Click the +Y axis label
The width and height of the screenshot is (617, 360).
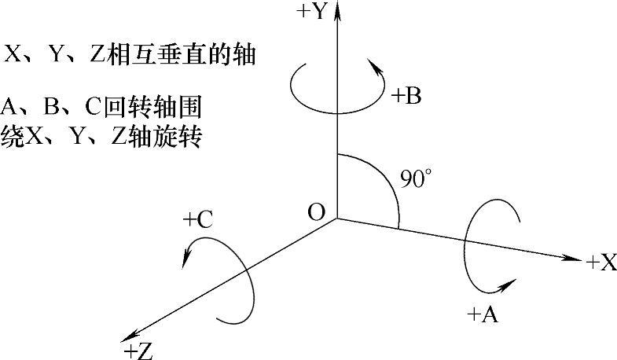[313, 11]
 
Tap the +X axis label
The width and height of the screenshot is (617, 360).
[601, 263]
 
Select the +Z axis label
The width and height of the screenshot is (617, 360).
[138, 351]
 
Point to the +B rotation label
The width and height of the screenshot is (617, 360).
[406, 96]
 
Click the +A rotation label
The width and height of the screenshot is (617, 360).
[483, 314]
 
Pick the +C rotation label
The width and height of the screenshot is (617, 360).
[198, 220]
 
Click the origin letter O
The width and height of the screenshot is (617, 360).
[317, 212]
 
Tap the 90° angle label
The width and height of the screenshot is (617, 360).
[415, 178]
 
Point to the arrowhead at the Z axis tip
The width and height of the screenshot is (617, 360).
[129, 337]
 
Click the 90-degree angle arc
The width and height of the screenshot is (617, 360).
[386, 177]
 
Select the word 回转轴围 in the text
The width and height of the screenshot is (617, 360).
[152, 106]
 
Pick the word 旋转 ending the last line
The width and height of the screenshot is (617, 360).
[178, 138]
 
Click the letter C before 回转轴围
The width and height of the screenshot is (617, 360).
[94, 106]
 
